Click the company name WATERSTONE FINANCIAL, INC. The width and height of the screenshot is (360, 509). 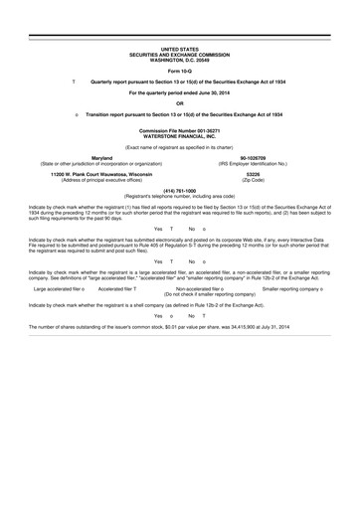tap(179, 135)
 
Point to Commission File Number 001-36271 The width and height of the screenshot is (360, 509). tap(179, 130)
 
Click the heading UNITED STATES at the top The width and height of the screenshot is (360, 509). tap(179, 46)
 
